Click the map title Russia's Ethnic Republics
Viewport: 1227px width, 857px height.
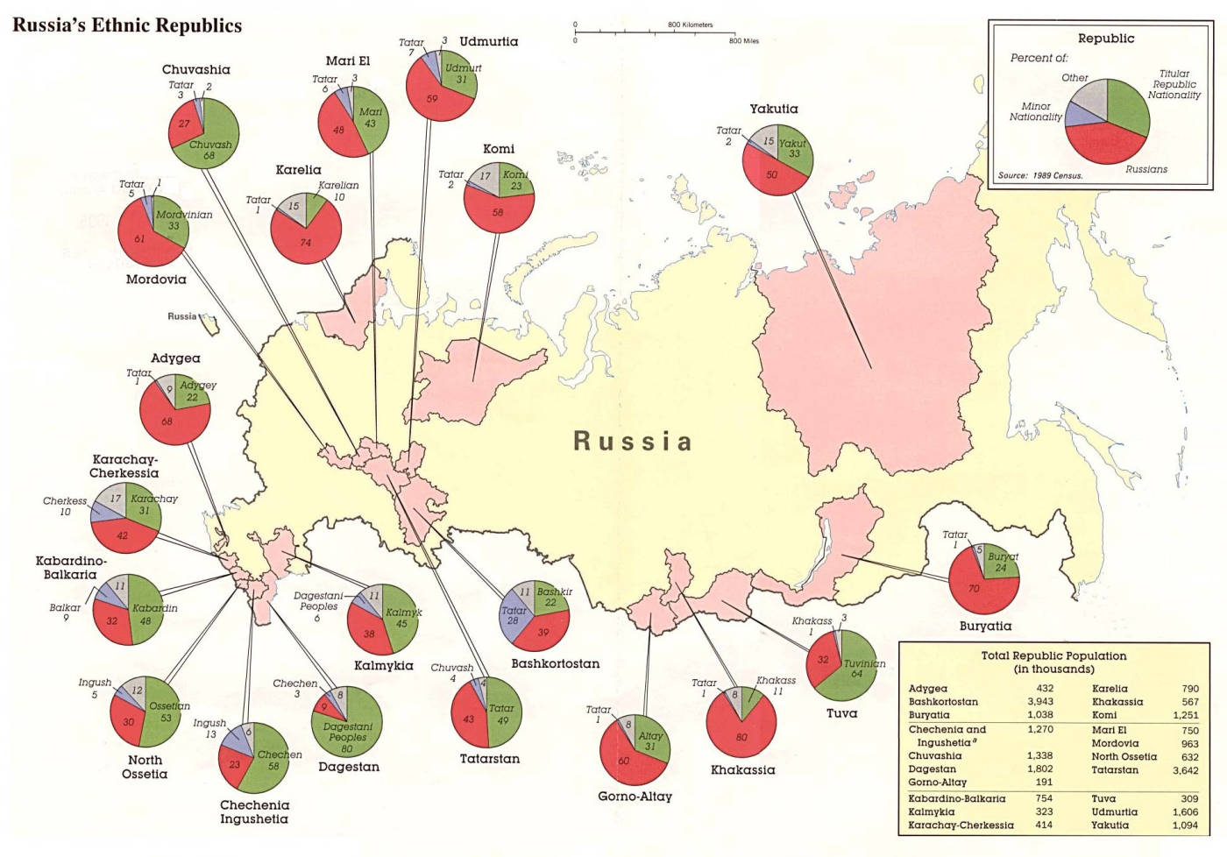pyautogui.click(x=127, y=25)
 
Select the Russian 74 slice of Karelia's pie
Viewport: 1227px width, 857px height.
pyautogui.click(x=304, y=241)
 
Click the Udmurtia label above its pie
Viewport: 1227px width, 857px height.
pyautogui.click(x=488, y=41)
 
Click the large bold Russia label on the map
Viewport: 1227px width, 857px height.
pyautogui.click(x=633, y=441)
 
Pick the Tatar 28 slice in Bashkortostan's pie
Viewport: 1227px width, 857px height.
pyautogui.click(x=514, y=616)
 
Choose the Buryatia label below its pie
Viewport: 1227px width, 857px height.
pyautogui.click(x=985, y=626)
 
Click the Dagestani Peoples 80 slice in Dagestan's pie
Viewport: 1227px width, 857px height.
pyautogui.click(x=349, y=733)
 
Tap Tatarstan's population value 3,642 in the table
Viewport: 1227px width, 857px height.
pyautogui.click(x=1185, y=770)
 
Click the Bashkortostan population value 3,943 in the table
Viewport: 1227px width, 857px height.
pyautogui.click(x=1040, y=701)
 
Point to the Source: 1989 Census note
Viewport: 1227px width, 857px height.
pyautogui.click(x=1040, y=175)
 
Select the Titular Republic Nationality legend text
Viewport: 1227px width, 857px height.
pyautogui.click(x=1174, y=84)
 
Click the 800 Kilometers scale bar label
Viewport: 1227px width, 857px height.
pyautogui.click(x=690, y=25)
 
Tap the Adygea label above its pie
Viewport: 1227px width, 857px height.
pyautogui.click(x=175, y=358)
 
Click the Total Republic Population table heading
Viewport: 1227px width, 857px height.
pyautogui.click(x=1053, y=655)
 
